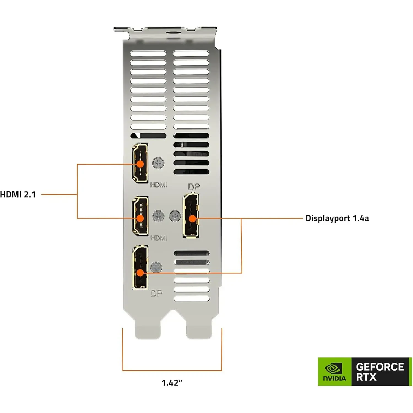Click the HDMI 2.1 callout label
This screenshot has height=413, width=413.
[x=18, y=194]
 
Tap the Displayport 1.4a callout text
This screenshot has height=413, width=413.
[x=337, y=218]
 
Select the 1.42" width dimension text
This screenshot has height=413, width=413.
[x=172, y=383]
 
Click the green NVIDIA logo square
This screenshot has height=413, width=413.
[x=335, y=371]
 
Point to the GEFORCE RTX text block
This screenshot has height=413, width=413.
[x=380, y=372]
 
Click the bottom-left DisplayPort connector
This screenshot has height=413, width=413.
[x=140, y=267]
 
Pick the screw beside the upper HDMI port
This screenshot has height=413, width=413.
[x=158, y=163]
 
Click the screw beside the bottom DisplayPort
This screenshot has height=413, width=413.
[x=156, y=267]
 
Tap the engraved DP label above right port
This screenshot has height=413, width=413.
[x=194, y=187]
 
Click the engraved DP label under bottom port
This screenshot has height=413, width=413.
[x=156, y=294]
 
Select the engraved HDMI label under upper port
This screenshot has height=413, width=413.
[x=159, y=185]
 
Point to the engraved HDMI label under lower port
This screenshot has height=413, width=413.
[x=159, y=238]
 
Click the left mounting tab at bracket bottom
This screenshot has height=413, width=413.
[x=147, y=330]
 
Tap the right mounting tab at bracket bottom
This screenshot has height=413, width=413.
[x=199, y=330]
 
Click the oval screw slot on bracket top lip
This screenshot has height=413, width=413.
[x=173, y=32]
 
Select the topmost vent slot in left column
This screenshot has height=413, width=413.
[x=148, y=54]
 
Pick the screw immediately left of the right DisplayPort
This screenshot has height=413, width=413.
[x=175, y=216]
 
